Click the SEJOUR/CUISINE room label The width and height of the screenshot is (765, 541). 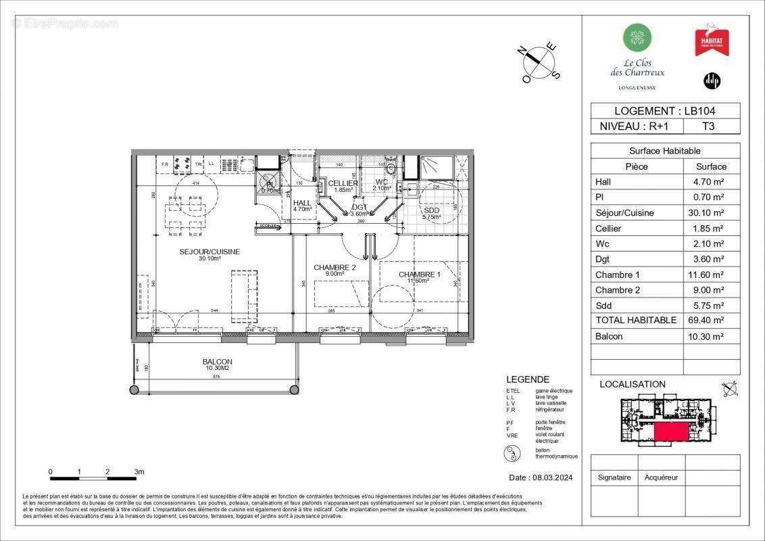click(x=209, y=252)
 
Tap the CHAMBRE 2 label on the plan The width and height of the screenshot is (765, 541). click(x=335, y=267)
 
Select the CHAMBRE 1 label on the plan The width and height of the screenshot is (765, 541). click(x=419, y=274)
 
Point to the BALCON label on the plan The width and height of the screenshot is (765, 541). click(x=217, y=362)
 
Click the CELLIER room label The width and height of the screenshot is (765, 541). click(x=343, y=183)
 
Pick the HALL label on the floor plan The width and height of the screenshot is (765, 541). click(x=302, y=202)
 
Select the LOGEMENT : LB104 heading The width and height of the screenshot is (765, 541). click(x=665, y=111)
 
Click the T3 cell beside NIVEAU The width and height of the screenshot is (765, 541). click(x=708, y=126)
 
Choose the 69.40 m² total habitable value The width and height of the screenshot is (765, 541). click(x=710, y=321)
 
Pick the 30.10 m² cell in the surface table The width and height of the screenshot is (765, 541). click(x=710, y=213)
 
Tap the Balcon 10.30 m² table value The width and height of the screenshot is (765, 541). click(x=710, y=336)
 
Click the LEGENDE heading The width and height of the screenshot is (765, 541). click(x=527, y=379)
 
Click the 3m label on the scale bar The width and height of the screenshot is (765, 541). click(x=139, y=471)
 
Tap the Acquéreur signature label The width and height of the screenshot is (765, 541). click(x=660, y=477)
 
